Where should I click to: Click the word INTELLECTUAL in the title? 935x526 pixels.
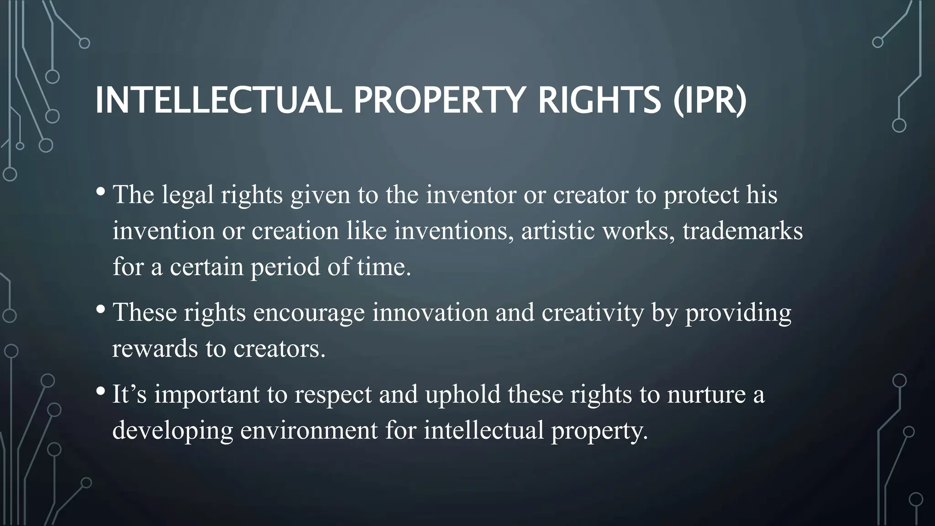click(x=218, y=100)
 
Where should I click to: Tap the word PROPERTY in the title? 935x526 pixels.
click(x=437, y=100)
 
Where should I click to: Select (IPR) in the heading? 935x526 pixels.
click(x=710, y=100)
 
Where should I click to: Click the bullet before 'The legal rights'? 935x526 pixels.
click(x=101, y=191)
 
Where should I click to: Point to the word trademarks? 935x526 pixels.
click(x=742, y=231)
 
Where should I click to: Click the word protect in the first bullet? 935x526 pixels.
click(x=701, y=195)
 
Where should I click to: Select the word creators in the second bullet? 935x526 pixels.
click(x=279, y=349)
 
